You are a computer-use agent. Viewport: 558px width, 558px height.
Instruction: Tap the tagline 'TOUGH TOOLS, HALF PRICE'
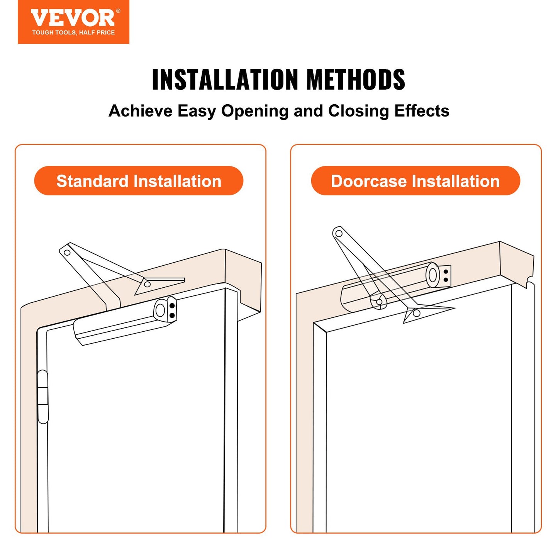click(x=73, y=33)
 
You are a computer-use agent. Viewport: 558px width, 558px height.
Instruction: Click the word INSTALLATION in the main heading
click(x=225, y=80)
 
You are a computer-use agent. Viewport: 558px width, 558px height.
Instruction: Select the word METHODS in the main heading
click(x=356, y=80)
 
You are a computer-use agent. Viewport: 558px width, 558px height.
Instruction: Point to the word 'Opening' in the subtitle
click(x=254, y=111)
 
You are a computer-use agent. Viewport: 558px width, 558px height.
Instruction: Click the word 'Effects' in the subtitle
click(x=422, y=111)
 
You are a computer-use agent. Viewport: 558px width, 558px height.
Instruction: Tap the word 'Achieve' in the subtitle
click(x=141, y=111)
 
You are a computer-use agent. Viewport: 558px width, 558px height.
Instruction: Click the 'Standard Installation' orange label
click(x=139, y=181)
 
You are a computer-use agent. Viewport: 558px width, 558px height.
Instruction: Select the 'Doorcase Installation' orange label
click(x=416, y=181)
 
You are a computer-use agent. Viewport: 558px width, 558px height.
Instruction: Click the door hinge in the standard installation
click(x=43, y=397)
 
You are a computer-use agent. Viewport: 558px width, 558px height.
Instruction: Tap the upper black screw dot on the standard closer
click(x=172, y=306)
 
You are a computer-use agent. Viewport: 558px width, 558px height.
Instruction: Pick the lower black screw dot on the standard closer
click(x=172, y=315)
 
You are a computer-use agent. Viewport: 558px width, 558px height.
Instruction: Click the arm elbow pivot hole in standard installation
click(x=67, y=253)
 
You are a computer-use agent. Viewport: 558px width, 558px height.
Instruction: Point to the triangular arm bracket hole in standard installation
click(x=147, y=285)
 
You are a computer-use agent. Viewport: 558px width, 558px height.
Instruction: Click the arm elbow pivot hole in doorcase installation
click(x=339, y=233)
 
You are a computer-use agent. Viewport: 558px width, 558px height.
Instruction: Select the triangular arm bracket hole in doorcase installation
click(x=416, y=313)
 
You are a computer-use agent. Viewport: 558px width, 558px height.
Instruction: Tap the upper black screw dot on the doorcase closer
click(x=446, y=271)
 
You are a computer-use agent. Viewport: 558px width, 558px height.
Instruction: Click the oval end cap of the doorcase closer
click(x=433, y=275)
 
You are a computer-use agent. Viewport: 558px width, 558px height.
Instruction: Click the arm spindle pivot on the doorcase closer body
click(x=379, y=302)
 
